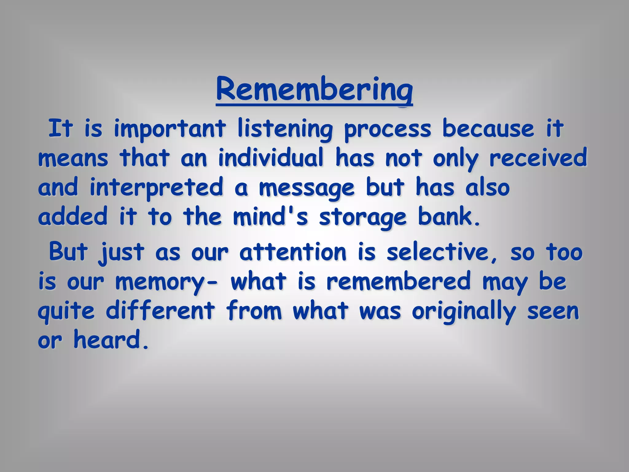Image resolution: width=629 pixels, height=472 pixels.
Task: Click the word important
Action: tap(170, 129)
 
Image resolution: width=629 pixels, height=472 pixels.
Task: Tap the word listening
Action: tap(285, 129)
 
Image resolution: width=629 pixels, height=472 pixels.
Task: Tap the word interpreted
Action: tap(156, 187)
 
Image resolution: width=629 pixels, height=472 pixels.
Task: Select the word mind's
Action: tap(270, 217)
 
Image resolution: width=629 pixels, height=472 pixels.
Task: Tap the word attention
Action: tap(293, 252)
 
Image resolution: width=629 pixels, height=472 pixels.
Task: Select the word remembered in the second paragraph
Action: tap(398, 281)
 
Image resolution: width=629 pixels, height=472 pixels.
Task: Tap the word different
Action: tap(160, 310)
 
